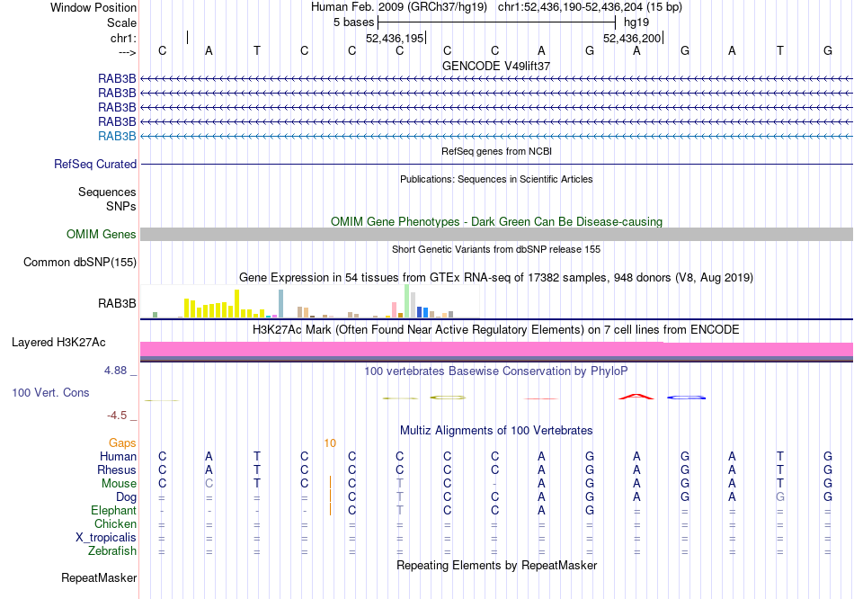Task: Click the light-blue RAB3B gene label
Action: pos(117,136)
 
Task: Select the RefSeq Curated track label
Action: pos(95,165)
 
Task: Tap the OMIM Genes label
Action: pos(102,235)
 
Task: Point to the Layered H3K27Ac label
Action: pos(74,343)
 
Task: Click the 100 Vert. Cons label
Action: pos(51,393)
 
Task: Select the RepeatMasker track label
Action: pos(99,577)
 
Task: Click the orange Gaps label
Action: pos(122,443)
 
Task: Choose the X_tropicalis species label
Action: pos(106,538)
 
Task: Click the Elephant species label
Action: pos(113,511)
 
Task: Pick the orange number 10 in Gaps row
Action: pos(330,443)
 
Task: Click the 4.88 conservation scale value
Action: pos(120,370)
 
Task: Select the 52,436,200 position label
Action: pos(632,39)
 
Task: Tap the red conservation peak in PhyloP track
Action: pos(636,395)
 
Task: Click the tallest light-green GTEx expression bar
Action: pos(407,300)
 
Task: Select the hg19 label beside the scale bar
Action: pos(636,21)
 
